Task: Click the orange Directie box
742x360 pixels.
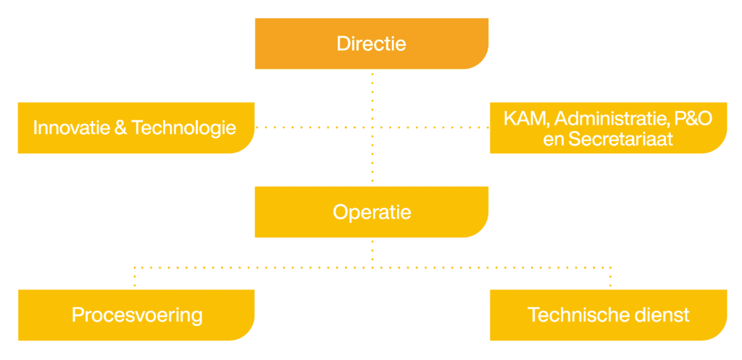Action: pos(372,43)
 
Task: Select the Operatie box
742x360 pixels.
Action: pos(372,212)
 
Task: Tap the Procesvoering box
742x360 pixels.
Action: pos(136,315)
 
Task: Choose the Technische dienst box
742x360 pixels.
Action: pos(608,315)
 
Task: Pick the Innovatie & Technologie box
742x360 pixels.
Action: pos(136,127)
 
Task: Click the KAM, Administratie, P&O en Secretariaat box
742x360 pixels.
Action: pos(608,127)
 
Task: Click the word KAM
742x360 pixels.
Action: pos(525,119)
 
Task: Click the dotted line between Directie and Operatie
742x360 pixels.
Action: pos(372,127)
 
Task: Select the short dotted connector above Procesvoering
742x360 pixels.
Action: pos(135,277)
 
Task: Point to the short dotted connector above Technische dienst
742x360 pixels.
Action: pos(610,277)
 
